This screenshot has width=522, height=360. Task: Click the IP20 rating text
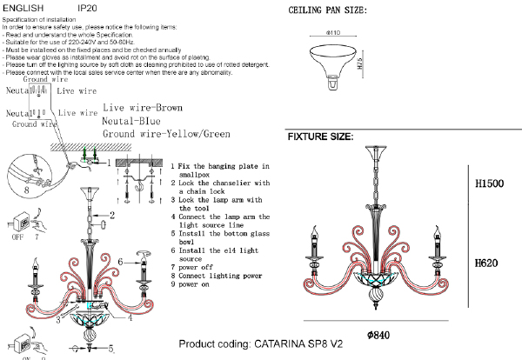tap(87, 6)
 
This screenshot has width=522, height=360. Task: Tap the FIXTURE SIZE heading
tap(320, 137)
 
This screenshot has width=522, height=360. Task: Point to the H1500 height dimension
tap(492, 185)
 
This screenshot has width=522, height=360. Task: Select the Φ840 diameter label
tap(381, 335)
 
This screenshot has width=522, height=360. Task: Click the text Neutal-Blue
tap(134, 121)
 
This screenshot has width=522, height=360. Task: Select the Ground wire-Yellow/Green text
tap(166, 135)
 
